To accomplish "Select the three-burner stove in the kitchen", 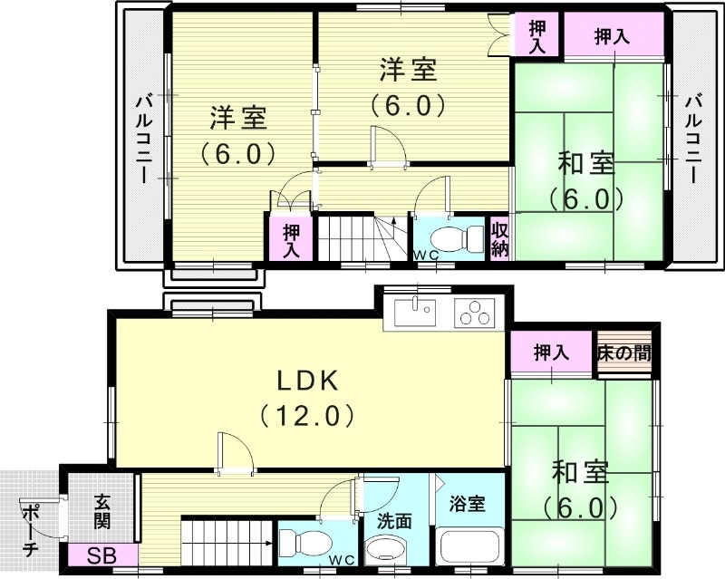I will (x=475, y=314).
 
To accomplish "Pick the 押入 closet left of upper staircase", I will (x=291, y=239).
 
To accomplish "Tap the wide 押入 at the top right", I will (x=613, y=37).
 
